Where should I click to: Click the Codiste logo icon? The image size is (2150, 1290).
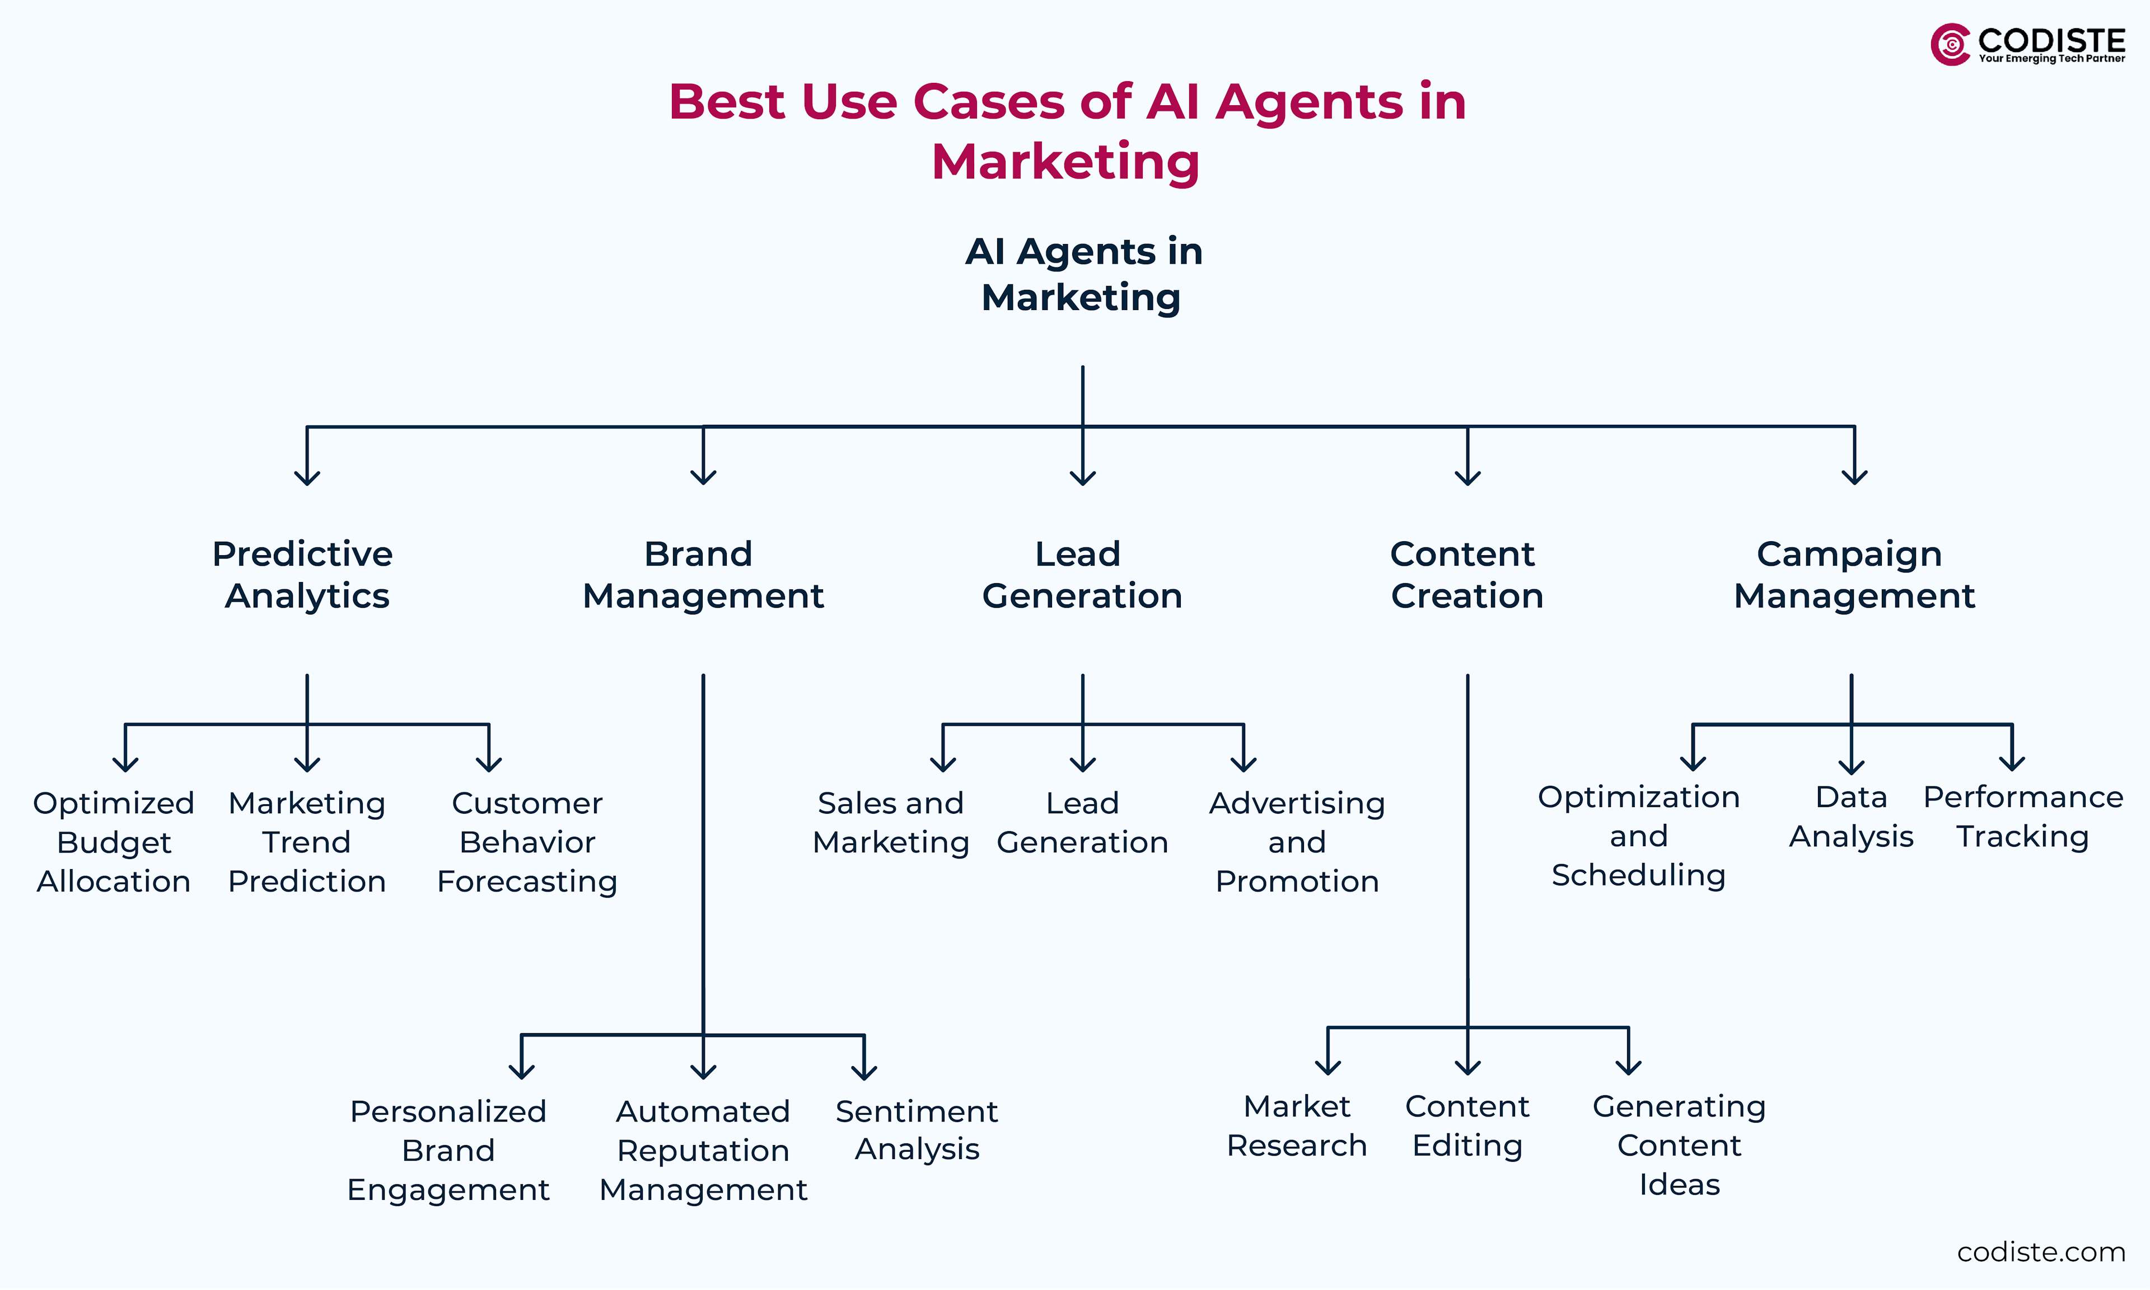(1950, 44)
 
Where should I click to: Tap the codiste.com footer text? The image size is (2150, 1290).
(2040, 1252)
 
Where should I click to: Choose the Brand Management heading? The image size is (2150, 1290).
(703, 575)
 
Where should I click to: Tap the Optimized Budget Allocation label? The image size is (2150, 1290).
(114, 842)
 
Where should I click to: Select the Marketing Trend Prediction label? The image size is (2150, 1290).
(307, 842)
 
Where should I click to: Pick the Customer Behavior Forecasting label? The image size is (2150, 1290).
(527, 842)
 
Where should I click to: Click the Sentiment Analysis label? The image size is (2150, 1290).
(917, 1130)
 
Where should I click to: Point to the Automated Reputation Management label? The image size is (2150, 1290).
(703, 1150)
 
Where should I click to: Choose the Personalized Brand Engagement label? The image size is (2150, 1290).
(448, 1150)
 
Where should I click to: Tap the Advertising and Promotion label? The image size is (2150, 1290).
(1296, 842)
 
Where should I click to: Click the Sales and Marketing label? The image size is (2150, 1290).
(890, 822)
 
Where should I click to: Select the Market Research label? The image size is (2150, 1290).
(1296, 1125)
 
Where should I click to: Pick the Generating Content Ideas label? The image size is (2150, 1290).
(1679, 1145)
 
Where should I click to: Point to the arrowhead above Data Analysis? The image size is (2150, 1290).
(1851, 766)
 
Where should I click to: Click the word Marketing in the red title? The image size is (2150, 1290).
(1066, 162)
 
